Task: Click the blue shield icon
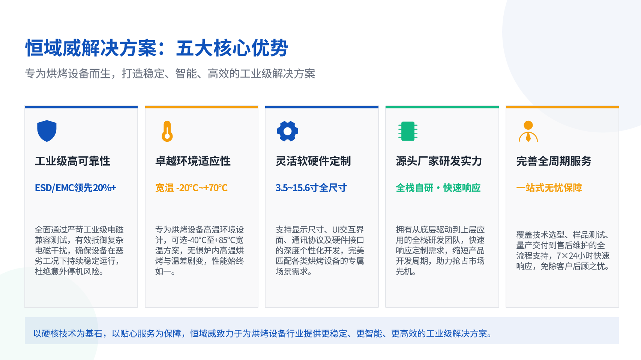point(47,131)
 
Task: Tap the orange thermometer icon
point(167,131)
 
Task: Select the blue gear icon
point(288,131)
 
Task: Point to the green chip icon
point(408,131)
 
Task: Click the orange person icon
point(528,131)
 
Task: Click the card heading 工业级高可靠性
point(73,161)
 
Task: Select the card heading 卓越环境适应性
point(193,161)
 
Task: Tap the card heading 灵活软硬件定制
point(313,161)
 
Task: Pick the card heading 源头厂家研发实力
point(439,161)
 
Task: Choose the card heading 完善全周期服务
point(554,161)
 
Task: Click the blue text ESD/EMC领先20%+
point(75,188)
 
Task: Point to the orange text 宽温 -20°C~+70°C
point(191,188)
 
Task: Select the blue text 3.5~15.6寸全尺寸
point(311,188)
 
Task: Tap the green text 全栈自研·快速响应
point(438,188)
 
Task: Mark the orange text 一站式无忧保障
point(549,188)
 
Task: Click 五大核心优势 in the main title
point(232,48)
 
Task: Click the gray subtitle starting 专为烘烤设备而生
point(170,73)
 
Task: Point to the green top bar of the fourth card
point(442,107)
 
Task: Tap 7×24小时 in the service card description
point(572,255)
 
